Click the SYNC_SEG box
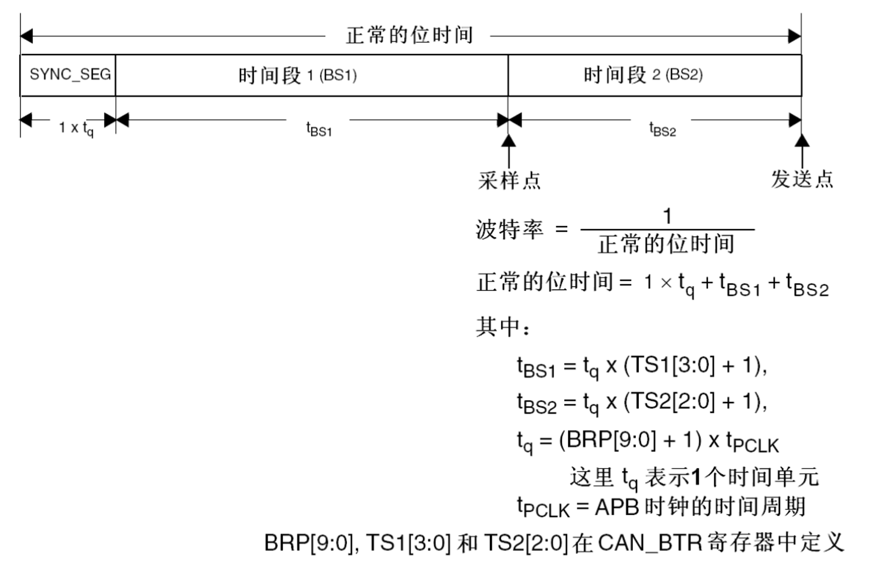point(69,75)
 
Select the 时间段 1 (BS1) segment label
point(297,75)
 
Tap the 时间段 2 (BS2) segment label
point(643,75)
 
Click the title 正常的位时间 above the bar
point(408,35)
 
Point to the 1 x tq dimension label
point(76,127)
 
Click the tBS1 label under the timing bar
point(319,128)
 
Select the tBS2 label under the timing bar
point(662,128)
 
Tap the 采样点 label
point(509,180)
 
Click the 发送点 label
point(801,178)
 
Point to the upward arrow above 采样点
point(509,150)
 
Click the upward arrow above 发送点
point(801,149)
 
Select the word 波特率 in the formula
point(509,229)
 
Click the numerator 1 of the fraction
point(666,216)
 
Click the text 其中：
point(503,326)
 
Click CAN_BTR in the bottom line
point(650,542)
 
